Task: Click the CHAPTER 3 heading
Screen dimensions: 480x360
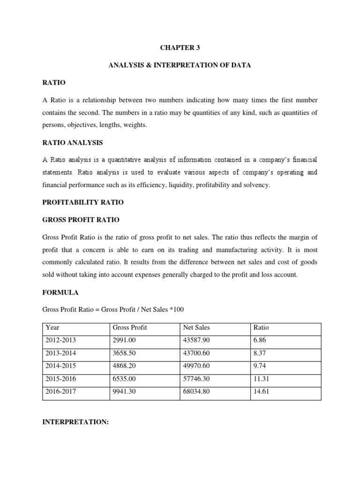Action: point(180,48)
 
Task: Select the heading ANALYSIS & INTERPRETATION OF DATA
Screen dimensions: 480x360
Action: point(180,65)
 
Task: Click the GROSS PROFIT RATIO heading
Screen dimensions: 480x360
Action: point(81,219)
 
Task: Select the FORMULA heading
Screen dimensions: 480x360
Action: point(60,292)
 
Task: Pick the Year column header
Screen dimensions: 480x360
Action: point(52,328)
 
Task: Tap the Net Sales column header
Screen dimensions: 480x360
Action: point(197,328)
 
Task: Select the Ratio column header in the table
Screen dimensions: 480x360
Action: point(261,328)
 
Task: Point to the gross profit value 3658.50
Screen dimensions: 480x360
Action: point(124,354)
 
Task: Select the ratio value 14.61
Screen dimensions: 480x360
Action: point(260,392)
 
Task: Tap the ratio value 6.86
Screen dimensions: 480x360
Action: point(259,341)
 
